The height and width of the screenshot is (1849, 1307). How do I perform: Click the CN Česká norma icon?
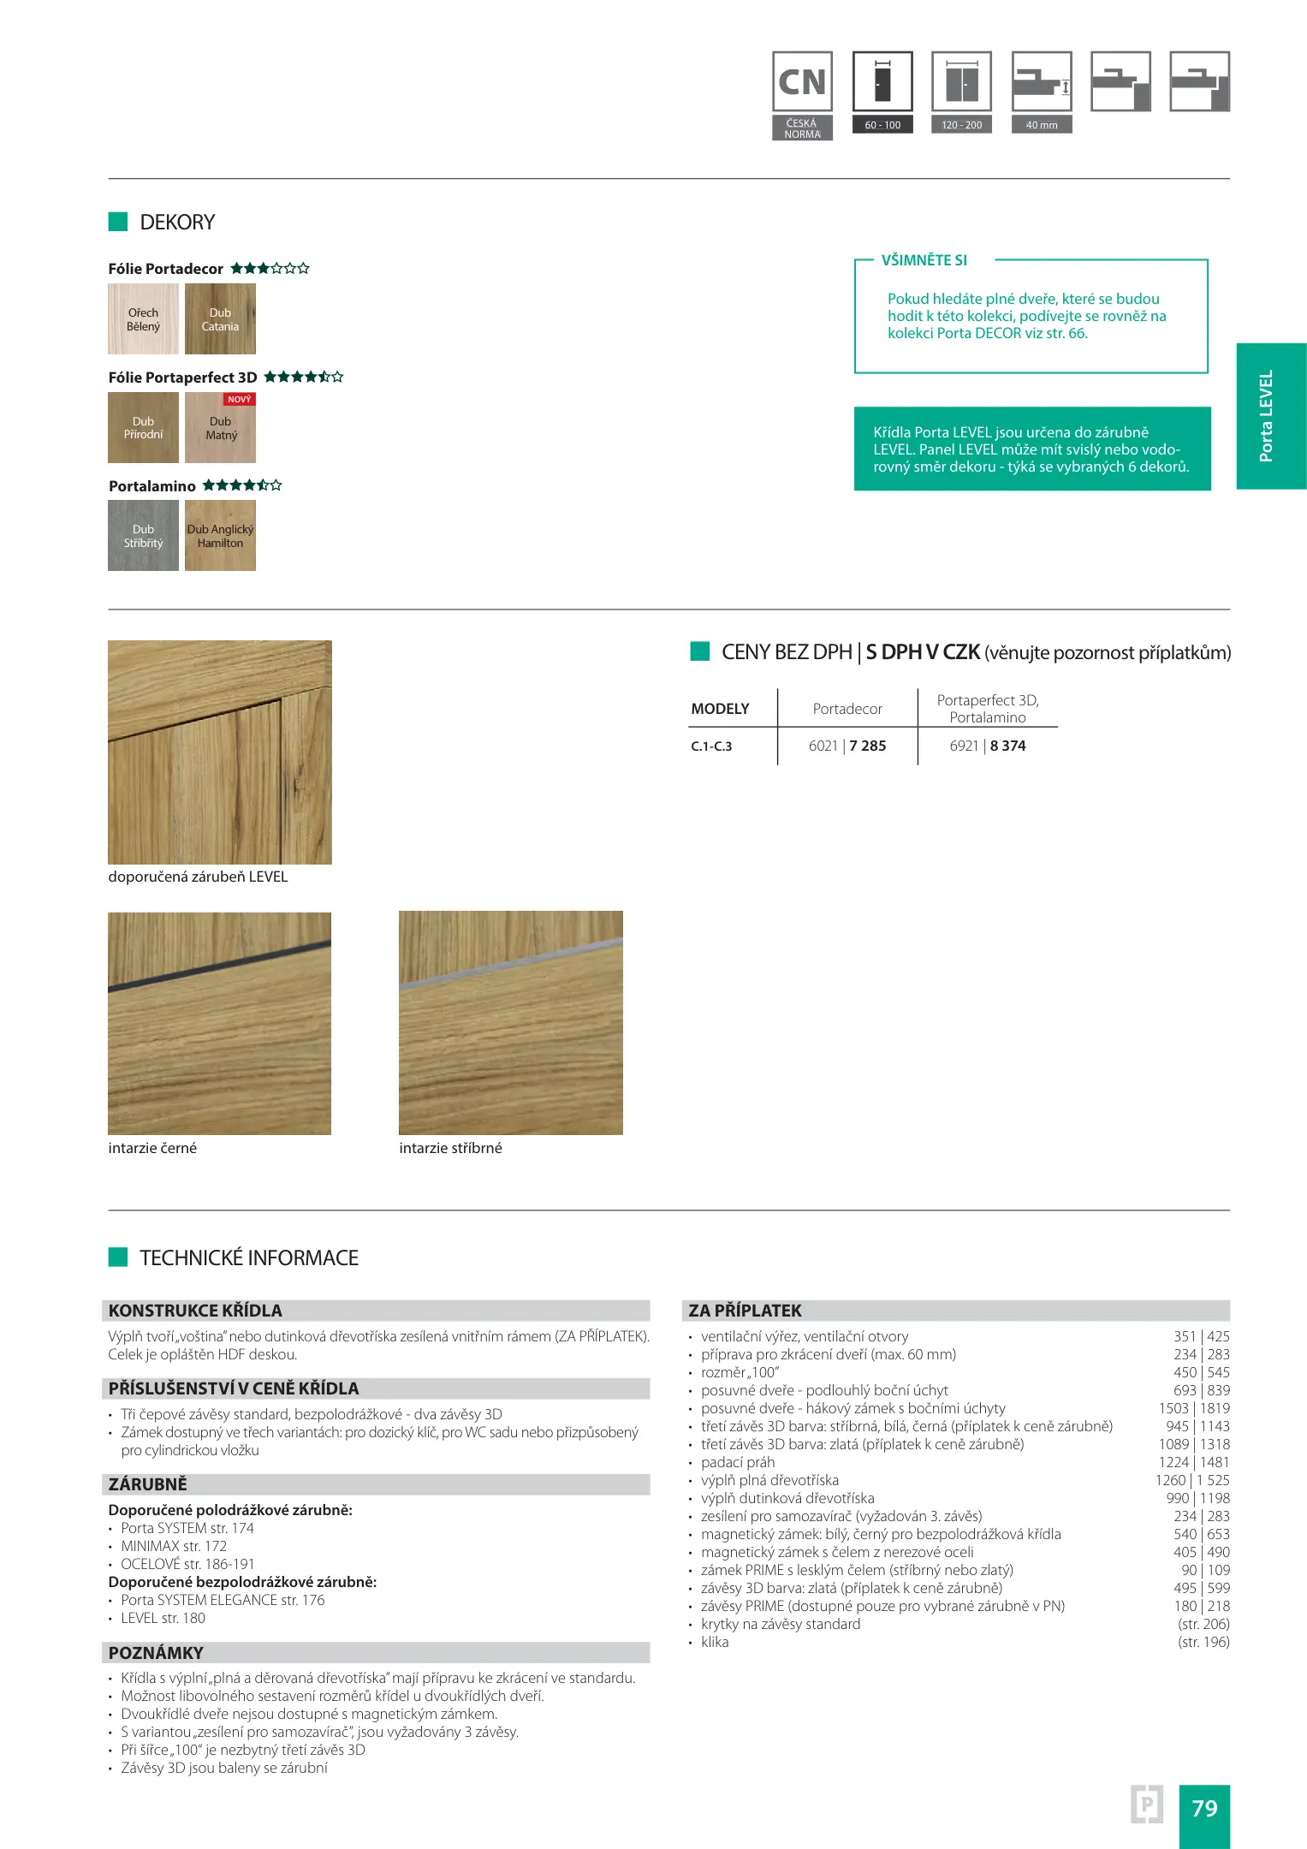(802, 94)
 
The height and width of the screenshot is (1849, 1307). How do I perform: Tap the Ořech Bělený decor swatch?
(143, 319)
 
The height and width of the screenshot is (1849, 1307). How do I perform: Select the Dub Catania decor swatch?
(220, 319)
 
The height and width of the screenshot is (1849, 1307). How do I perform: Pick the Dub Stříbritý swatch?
(143, 536)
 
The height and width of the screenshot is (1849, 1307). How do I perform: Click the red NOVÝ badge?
(240, 400)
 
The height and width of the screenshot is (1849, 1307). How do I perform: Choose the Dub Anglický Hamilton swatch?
(220, 536)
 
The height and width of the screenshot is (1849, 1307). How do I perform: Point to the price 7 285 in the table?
(867, 746)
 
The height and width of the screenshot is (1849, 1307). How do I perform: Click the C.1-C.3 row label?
(711, 746)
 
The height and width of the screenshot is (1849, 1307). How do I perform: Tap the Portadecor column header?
(847, 709)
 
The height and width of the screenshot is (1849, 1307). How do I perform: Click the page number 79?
(1204, 1808)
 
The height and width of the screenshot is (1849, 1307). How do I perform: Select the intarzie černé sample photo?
(219, 1023)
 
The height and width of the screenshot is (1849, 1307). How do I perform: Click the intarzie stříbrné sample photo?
(510, 1023)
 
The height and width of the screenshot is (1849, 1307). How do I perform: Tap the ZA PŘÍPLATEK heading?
(745, 1311)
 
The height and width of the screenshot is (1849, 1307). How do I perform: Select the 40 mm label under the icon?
(1042, 125)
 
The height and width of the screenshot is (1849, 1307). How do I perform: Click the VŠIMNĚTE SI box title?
(924, 260)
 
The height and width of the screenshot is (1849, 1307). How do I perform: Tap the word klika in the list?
(715, 1642)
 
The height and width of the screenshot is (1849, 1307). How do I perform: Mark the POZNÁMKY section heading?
(156, 1653)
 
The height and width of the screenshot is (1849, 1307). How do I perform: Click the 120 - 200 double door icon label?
(962, 125)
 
